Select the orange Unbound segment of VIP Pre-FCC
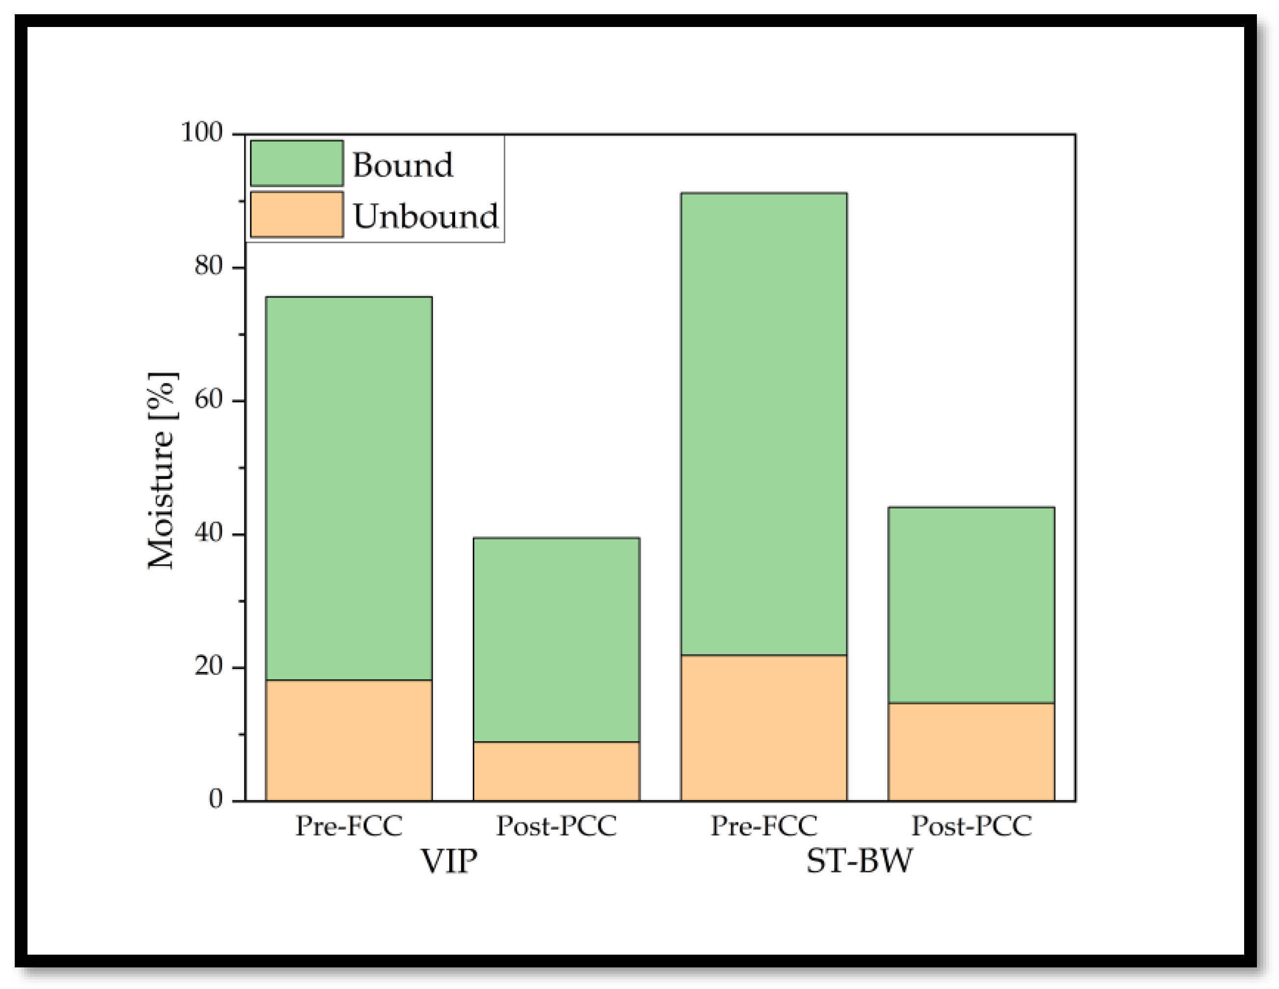click(x=349, y=740)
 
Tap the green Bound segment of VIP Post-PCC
click(x=556, y=640)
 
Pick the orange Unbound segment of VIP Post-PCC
click(x=556, y=771)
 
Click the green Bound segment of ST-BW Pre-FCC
click(x=763, y=424)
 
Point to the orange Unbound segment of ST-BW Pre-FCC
click(x=763, y=728)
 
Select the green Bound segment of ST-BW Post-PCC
click(x=971, y=604)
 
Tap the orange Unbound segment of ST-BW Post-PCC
click(x=971, y=752)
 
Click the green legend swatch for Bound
click(x=297, y=163)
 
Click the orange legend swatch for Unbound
click(x=297, y=215)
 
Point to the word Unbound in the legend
click(x=426, y=216)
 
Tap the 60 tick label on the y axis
click(x=209, y=401)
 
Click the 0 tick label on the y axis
click(x=216, y=799)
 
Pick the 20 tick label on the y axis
click(x=209, y=667)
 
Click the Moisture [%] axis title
click(x=162, y=470)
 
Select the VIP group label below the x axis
click(x=449, y=861)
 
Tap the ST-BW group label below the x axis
click(x=859, y=861)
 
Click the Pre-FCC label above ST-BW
click(x=763, y=826)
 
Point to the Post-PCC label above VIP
click(x=556, y=826)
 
